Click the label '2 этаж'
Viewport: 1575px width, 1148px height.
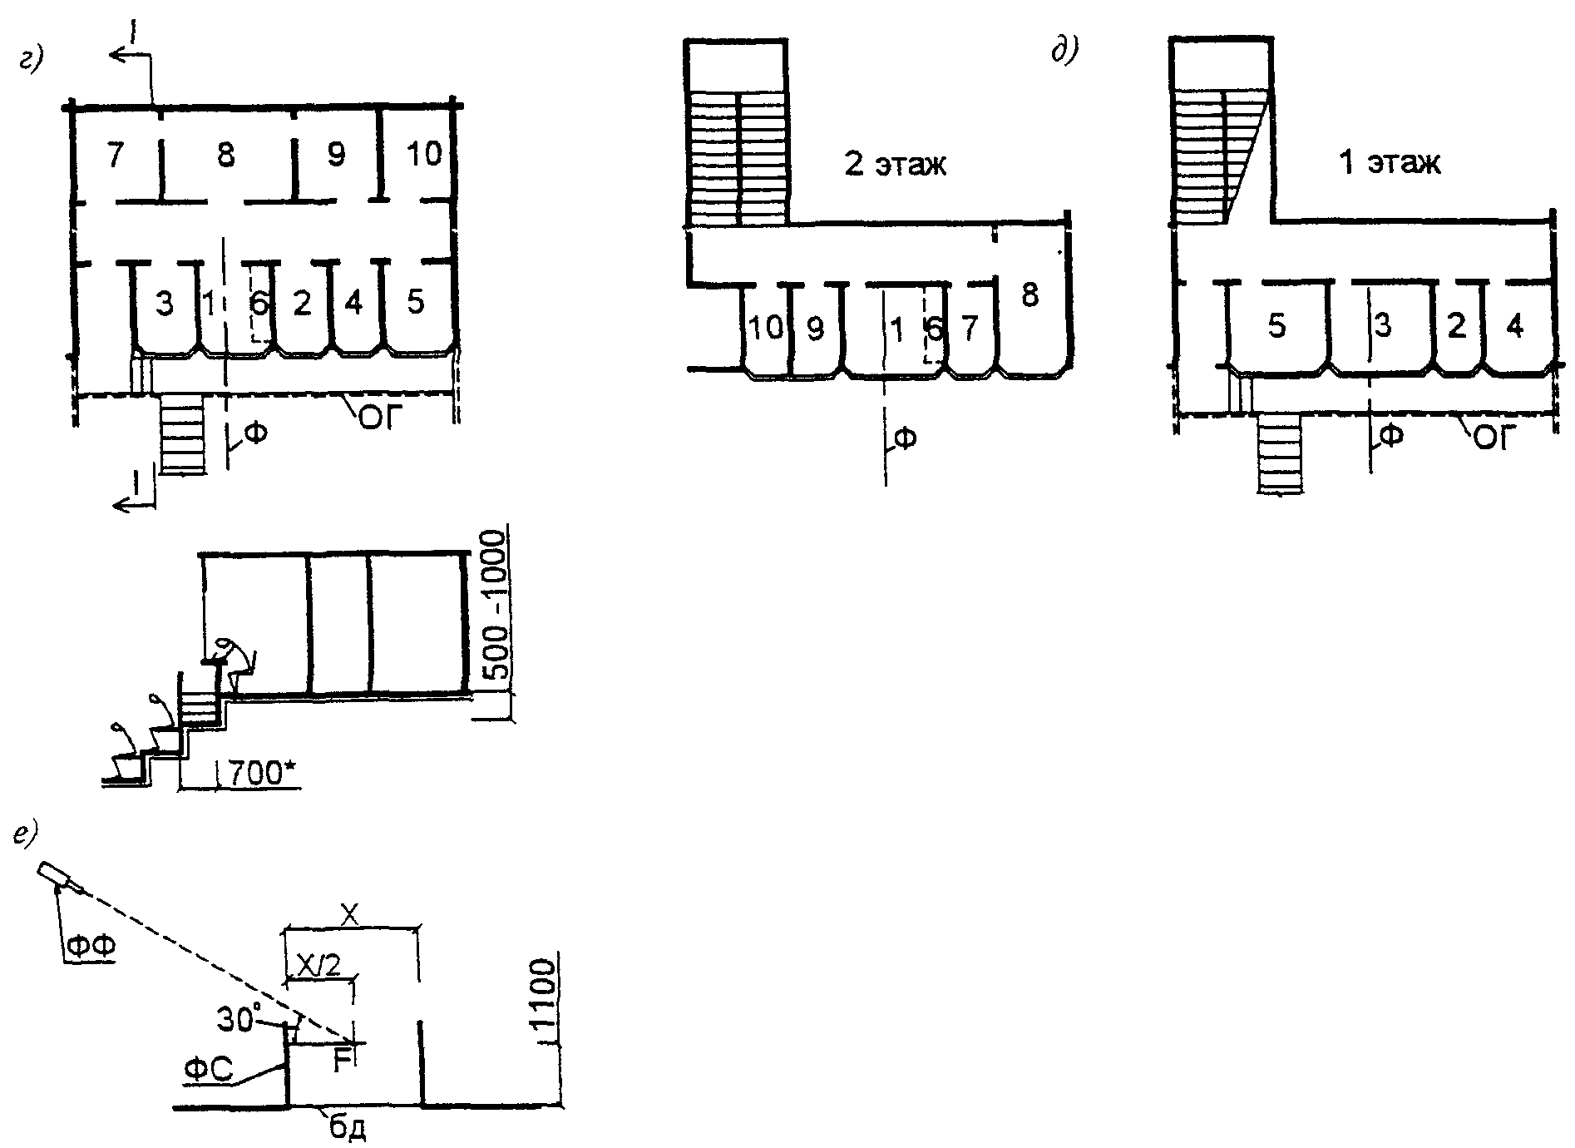(x=896, y=164)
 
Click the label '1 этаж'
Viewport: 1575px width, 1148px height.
(x=1390, y=162)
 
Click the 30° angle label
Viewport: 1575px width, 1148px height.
(x=239, y=1018)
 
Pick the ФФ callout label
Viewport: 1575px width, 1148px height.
(x=91, y=946)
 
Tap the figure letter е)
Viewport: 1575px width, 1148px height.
(x=27, y=836)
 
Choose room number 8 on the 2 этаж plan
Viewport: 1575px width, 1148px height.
(x=1029, y=294)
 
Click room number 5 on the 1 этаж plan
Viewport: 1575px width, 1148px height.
(x=1277, y=326)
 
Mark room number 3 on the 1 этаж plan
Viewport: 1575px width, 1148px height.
(x=1382, y=325)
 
